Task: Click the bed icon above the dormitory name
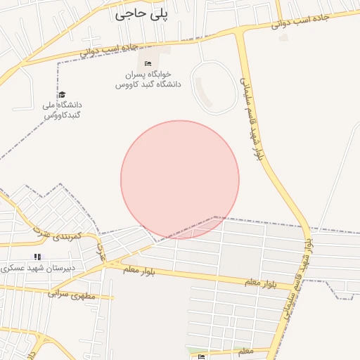click(x=148, y=64)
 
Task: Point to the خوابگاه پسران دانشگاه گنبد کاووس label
click(x=148, y=79)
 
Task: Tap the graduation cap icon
click(x=62, y=94)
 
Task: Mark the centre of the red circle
click(x=180, y=180)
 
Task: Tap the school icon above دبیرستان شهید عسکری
click(x=37, y=257)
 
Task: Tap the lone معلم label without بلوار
click(x=246, y=350)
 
